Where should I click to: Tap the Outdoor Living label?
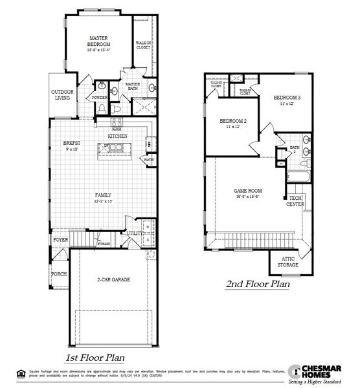pyautogui.click(x=63, y=95)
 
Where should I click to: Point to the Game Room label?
pyautogui.click(x=247, y=191)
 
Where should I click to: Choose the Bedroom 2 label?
pyautogui.click(x=233, y=122)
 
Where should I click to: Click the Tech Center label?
pyautogui.click(x=296, y=201)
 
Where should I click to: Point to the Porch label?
pyautogui.click(x=59, y=274)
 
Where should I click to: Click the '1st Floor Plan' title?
pyautogui.click(x=95, y=358)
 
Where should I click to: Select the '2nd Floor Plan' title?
pyautogui.click(x=257, y=284)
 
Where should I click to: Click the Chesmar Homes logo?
pyautogui.click(x=318, y=373)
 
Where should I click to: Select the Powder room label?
pyautogui.click(x=100, y=98)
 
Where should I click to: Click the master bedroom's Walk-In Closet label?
pyautogui.click(x=144, y=45)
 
